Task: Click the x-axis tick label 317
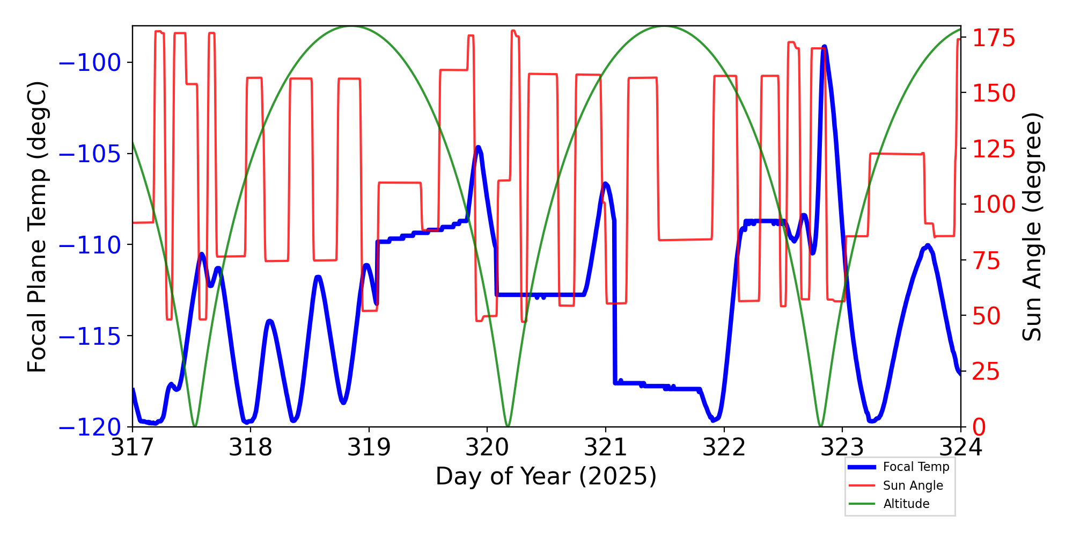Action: pyautogui.click(x=132, y=447)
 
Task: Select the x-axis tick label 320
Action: pyautogui.click(x=487, y=447)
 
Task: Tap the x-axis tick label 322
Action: pyautogui.click(x=724, y=447)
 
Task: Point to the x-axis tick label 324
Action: pyautogui.click(x=960, y=447)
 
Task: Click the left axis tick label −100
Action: pyautogui.click(x=90, y=63)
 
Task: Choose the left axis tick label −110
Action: pyautogui.click(x=90, y=245)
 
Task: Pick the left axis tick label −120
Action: pyautogui.click(x=90, y=427)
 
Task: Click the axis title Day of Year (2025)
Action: pyautogui.click(x=546, y=476)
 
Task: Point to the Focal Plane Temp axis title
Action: pyautogui.click(x=38, y=227)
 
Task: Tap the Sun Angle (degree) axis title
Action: pyautogui.click(x=1031, y=227)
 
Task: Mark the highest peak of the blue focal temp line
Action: pyautogui.click(x=824, y=47)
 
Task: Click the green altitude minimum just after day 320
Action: pyautogui.click(x=508, y=426)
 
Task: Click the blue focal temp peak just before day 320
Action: pyautogui.click(x=478, y=147)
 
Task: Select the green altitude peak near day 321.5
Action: pyautogui.click(x=665, y=26)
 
